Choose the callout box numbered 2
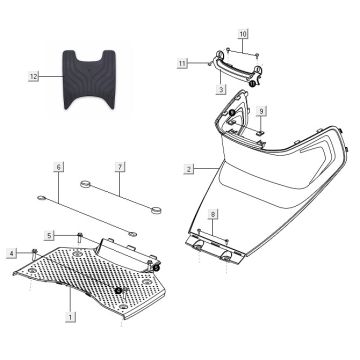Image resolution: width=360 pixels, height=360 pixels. pyautogui.click(x=188, y=170)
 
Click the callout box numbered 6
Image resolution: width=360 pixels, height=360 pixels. pyautogui.click(x=59, y=167)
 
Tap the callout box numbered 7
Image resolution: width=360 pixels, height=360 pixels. pyautogui.click(x=119, y=167)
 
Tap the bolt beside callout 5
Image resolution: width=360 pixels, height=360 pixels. pyautogui.click(x=79, y=236)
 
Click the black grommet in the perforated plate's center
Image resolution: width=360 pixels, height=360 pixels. pyautogui.click(x=119, y=290)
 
